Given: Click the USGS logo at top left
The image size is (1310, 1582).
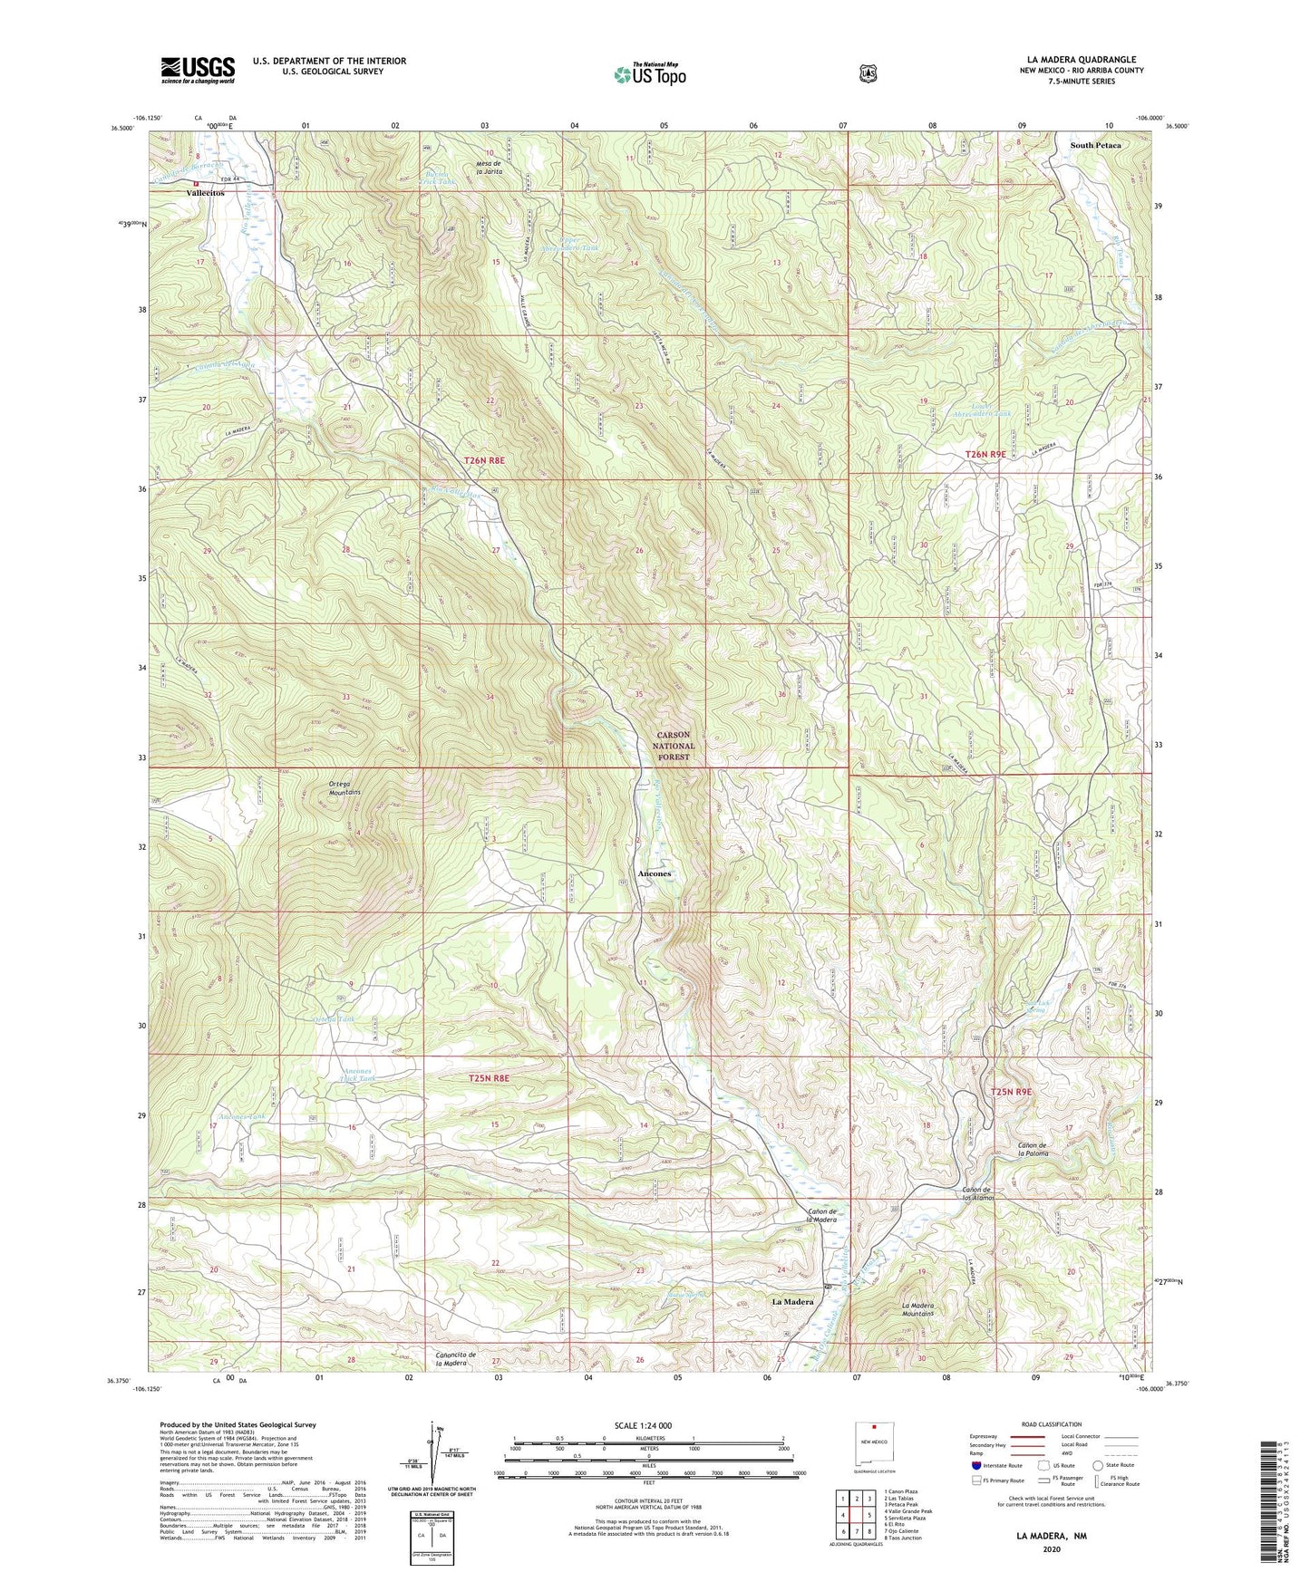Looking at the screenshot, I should tap(198, 70).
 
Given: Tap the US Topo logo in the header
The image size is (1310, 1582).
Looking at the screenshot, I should tap(648, 75).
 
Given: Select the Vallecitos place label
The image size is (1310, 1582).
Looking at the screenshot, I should tap(206, 193).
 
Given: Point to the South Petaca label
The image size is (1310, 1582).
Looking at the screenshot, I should tap(1095, 145).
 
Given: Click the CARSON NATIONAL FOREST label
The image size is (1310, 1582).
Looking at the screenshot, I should tap(673, 746).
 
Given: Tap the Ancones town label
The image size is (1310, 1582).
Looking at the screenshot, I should tap(655, 873).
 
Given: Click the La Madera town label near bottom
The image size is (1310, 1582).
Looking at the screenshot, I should tap(792, 1301).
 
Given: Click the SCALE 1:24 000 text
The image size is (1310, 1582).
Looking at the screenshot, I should tap(643, 1425).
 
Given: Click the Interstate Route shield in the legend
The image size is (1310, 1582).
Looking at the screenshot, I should tap(976, 1464).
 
